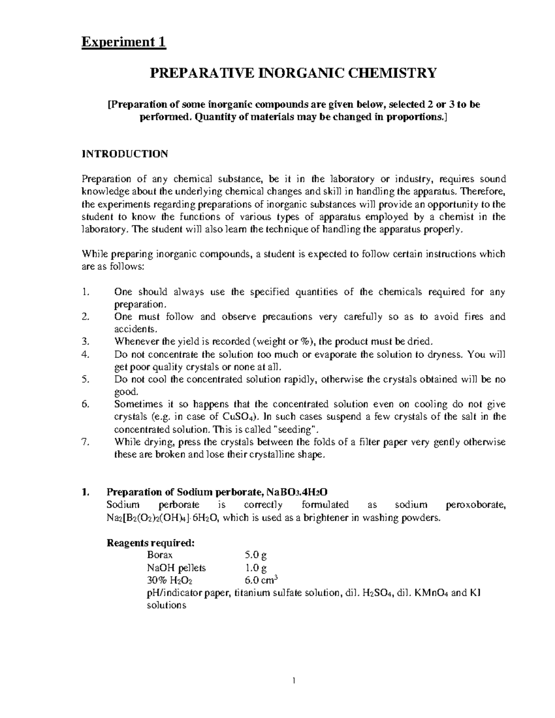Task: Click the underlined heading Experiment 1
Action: (x=123, y=43)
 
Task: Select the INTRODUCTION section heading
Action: (x=125, y=154)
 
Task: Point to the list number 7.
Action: (x=84, y=442)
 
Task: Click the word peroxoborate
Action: (x=476, y=505)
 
